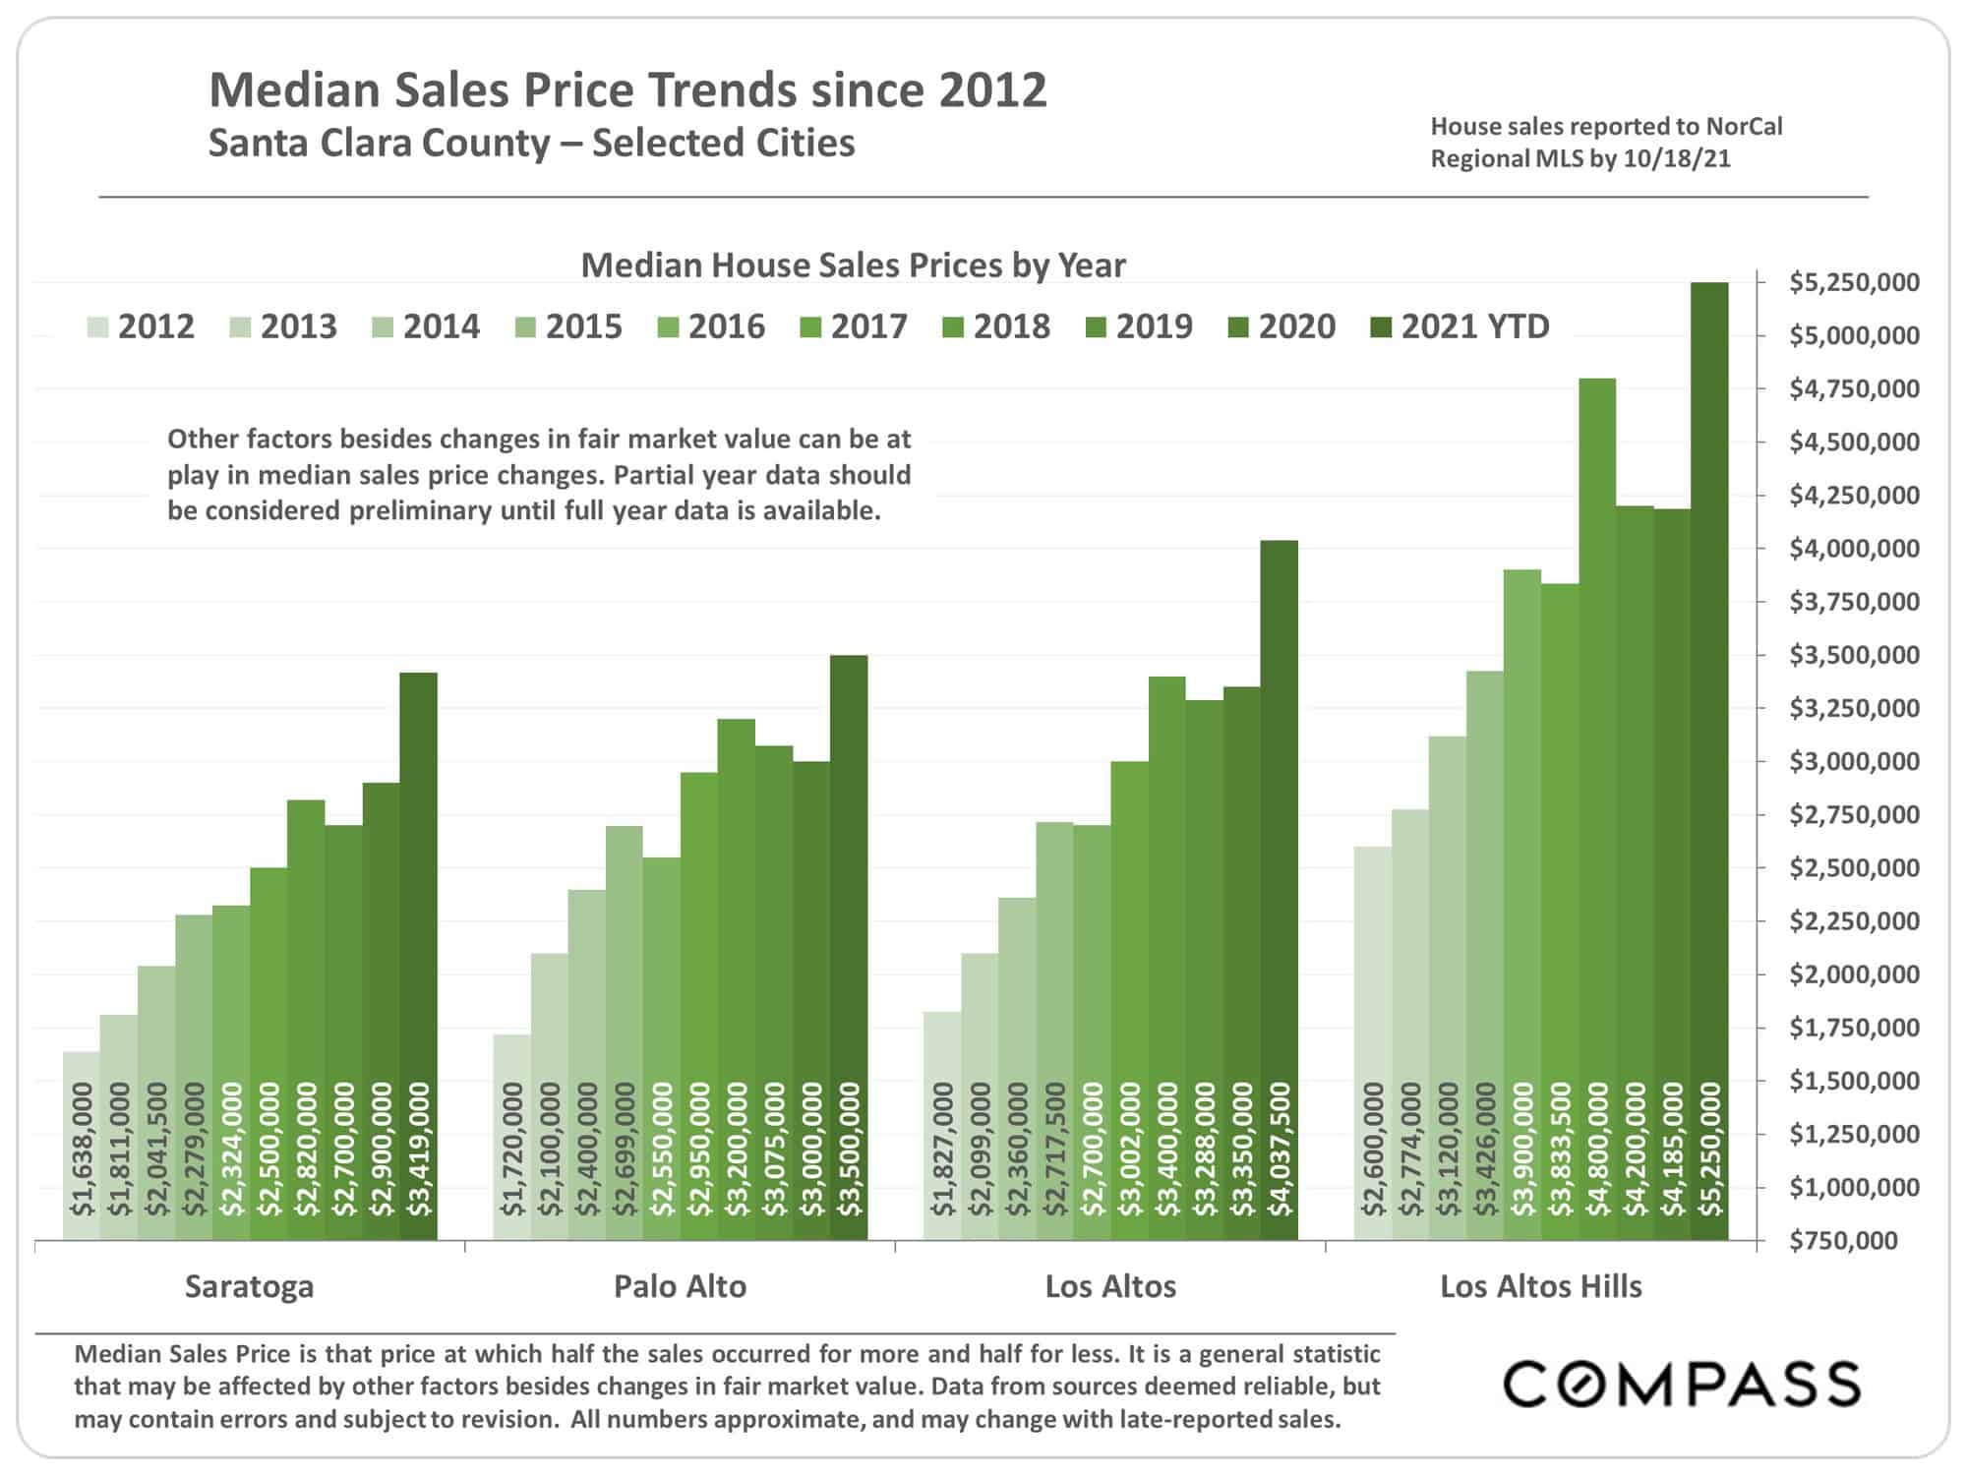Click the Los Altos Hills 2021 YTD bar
pyautogui.click(x=1709, y=761)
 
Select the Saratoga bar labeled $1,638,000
pyautogui.click(x=82, y=1146)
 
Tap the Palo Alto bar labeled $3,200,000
pyautogui.click(x=737, y=979)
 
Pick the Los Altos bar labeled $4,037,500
pyautogui.click(x=1280, y=890)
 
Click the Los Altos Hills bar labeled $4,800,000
pyautogui.click(x=1597, y=809)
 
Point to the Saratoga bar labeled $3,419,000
pyautogui.click(x=419, y=957)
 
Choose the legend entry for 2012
pyautogui.click(x=142, y=326)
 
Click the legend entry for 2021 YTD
pyautogui.click(x=1460, y=326)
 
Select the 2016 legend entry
pyautogui.click(x=711, y=326)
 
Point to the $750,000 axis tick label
pyautogui.click(x=1842, y=1241)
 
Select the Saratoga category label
pyautogui.click(x=250, y=1286)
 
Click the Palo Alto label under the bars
pyautogui.click(x=681, y=1286)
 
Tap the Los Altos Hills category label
pyautogui.click(x=1541, y=1286)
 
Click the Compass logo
pyautogui.click(x=1681, y=1385)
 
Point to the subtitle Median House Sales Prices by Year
pyautogui.click(x=854, y=265)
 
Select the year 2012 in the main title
pyautogui.click(x=992, y=89)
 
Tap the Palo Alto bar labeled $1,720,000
pyautogui.click(x=511, y=1138)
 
